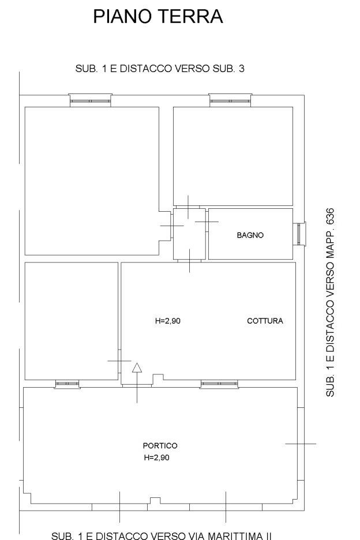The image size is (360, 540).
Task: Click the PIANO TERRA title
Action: click(x=158, y=17)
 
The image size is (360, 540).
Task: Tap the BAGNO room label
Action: click(x=250, y=235)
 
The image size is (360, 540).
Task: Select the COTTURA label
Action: click(x=265, y=321)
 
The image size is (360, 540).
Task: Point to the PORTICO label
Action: click(x=160, y=445)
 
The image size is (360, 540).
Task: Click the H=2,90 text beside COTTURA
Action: click(x=168, y=321)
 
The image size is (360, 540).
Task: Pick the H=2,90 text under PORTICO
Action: click(x=157, y=457)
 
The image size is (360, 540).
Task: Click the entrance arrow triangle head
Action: click(x=137, y=368)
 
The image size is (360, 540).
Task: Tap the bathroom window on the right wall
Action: click(x=300, y=234)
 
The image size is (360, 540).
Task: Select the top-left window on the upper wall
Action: click(x=90, y=100)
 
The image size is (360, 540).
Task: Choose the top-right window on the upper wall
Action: click(x=230, y=100)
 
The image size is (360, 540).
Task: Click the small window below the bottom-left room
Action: click(x=67, y=384)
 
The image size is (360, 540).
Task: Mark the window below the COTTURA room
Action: click(x=219, y=384)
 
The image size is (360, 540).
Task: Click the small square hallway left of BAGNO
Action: click(x=189, y=234)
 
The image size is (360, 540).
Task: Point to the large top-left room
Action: click(x=92, y=181)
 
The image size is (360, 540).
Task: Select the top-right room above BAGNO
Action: click(x=233, y=156)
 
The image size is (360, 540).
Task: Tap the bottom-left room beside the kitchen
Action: click(x=72, y=321)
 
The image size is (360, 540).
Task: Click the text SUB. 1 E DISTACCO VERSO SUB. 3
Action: click(x=160, y=69)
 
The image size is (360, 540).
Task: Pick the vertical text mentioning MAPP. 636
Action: click(x=329, y=302)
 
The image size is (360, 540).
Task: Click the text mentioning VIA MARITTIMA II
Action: click(x=161, y=535)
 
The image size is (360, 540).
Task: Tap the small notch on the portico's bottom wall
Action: click(x=155, y=500)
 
